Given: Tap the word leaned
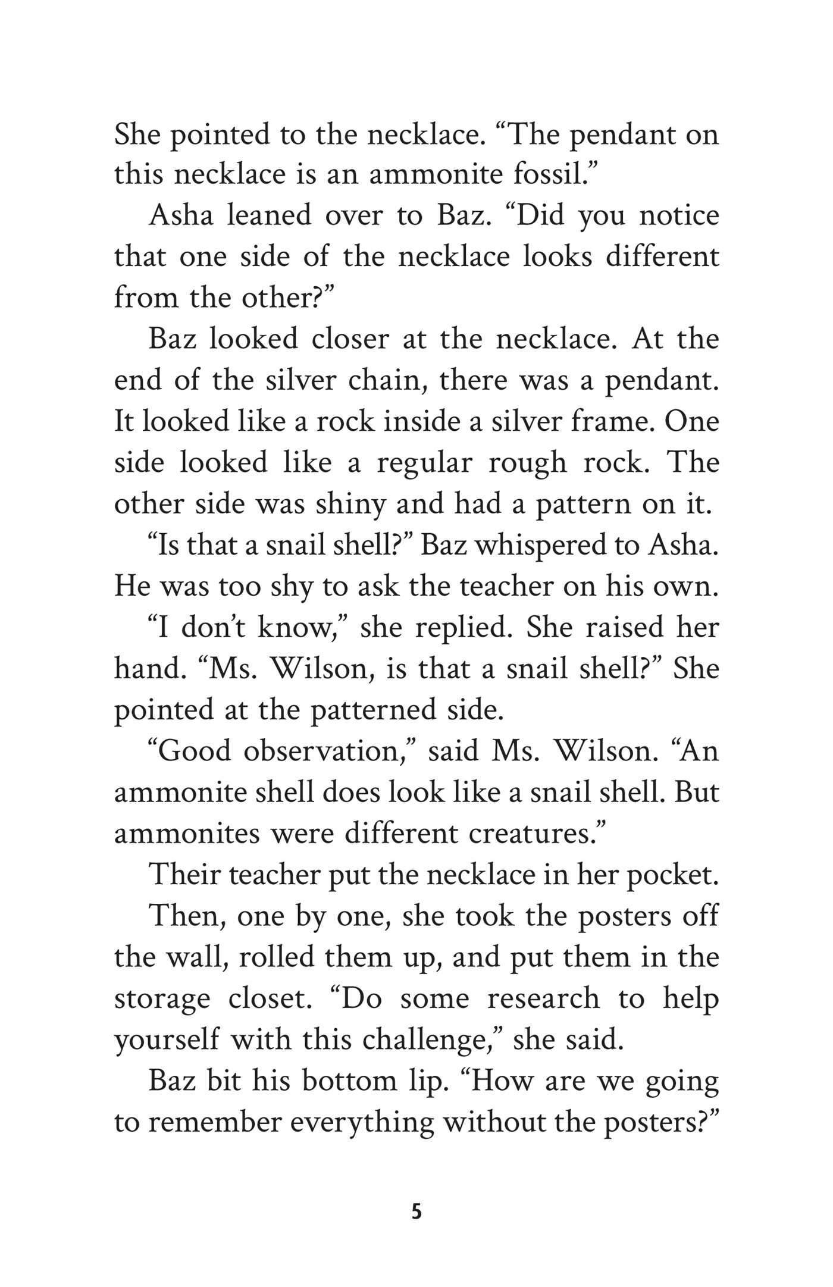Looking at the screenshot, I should point(269,215).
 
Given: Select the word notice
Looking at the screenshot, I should point(679,215).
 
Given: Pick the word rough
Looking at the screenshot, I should point(527,463).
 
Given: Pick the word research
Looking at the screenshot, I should point(543,998).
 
